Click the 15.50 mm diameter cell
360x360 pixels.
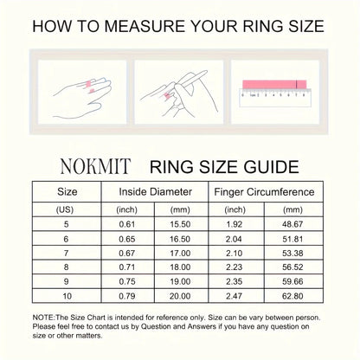point(182,224)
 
